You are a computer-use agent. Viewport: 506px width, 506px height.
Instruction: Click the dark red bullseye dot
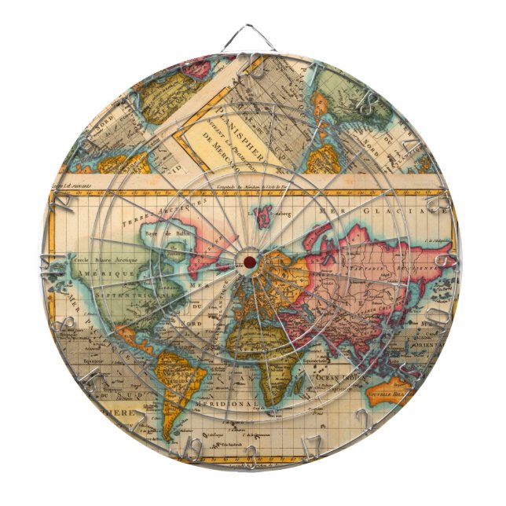[x=250, y=261]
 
